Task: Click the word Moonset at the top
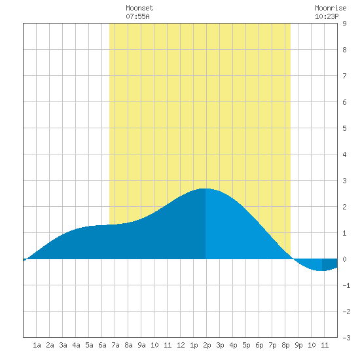point(139,8)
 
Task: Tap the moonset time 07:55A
point(137,16)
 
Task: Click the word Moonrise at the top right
point(331,8)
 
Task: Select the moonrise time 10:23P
point(327,16)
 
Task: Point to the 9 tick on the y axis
point(344,24)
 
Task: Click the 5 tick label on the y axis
point(344,128)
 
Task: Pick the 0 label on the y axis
point(344,259)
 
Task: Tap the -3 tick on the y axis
point(346,338)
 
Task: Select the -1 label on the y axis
point(346,285)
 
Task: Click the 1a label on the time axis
point(37,345)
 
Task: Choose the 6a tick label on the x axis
point(102,345)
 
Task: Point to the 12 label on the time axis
point(181,345)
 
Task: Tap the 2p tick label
point(207,345)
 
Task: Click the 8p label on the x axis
point(285,345)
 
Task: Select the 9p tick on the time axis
point(298,345)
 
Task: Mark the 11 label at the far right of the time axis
point(325,345)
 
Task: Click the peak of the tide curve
point(206,189)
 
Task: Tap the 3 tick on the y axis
point(344,181)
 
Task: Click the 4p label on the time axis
point(233,345)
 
